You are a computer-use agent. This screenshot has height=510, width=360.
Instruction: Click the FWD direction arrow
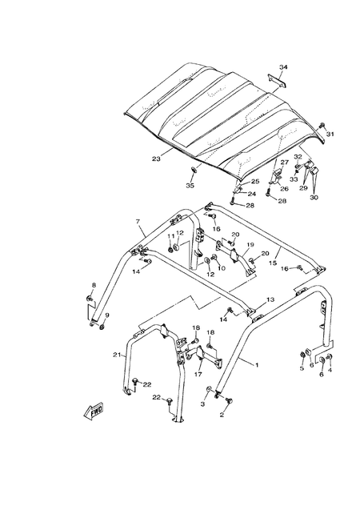[94, 410]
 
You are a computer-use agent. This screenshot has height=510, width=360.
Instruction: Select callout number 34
[283, 67]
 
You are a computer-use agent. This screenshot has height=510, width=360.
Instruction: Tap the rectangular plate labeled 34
[276, 80]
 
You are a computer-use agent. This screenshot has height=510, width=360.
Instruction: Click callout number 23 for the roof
[156, 159]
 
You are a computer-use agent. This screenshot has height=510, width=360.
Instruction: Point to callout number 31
[330, 134]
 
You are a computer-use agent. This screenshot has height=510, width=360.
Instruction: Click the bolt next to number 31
[322, 125]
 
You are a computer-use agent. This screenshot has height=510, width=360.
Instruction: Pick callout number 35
[190, 186]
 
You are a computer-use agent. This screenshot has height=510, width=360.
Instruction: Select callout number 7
[138, 222]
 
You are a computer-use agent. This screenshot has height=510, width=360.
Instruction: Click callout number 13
[270, 299]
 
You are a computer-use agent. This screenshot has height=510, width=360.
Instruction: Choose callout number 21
[117, 355]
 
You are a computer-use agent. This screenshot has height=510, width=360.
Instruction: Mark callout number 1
[257, 365]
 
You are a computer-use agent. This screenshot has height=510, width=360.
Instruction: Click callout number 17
[198, 375]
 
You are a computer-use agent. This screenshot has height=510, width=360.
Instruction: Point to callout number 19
[250, 244]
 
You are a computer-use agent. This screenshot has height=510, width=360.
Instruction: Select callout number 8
[94, 285]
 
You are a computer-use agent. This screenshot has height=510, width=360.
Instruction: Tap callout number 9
[107, 315]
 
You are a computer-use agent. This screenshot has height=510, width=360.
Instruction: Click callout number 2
[222, 415]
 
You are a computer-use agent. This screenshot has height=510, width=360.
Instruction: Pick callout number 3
[202, 404]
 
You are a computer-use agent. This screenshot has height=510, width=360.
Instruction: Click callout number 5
[302, 368]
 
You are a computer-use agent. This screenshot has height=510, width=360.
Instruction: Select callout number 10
[222, 268]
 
